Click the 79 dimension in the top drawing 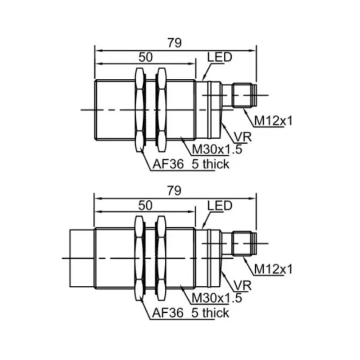click(x=175, y=43)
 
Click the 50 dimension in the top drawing click(x=145, y=57)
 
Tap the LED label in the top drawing click(x=220, y=57)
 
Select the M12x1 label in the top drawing click(x=273, y=121)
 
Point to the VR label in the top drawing click(x=243, y=137)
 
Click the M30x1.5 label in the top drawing click(x=217, y=150)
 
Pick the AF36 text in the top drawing click(x=168, y=164)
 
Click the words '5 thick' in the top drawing click(x=210, y=164)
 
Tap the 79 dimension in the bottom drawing click(x=174, y=191)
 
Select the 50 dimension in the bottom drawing click(x=145, y=206)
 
